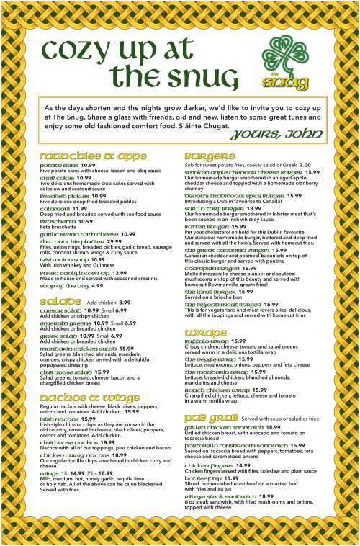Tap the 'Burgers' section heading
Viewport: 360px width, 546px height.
click(210, 156)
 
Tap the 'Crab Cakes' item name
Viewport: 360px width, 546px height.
click(57, 177)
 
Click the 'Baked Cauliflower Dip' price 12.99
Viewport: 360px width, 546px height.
click(120, 273)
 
